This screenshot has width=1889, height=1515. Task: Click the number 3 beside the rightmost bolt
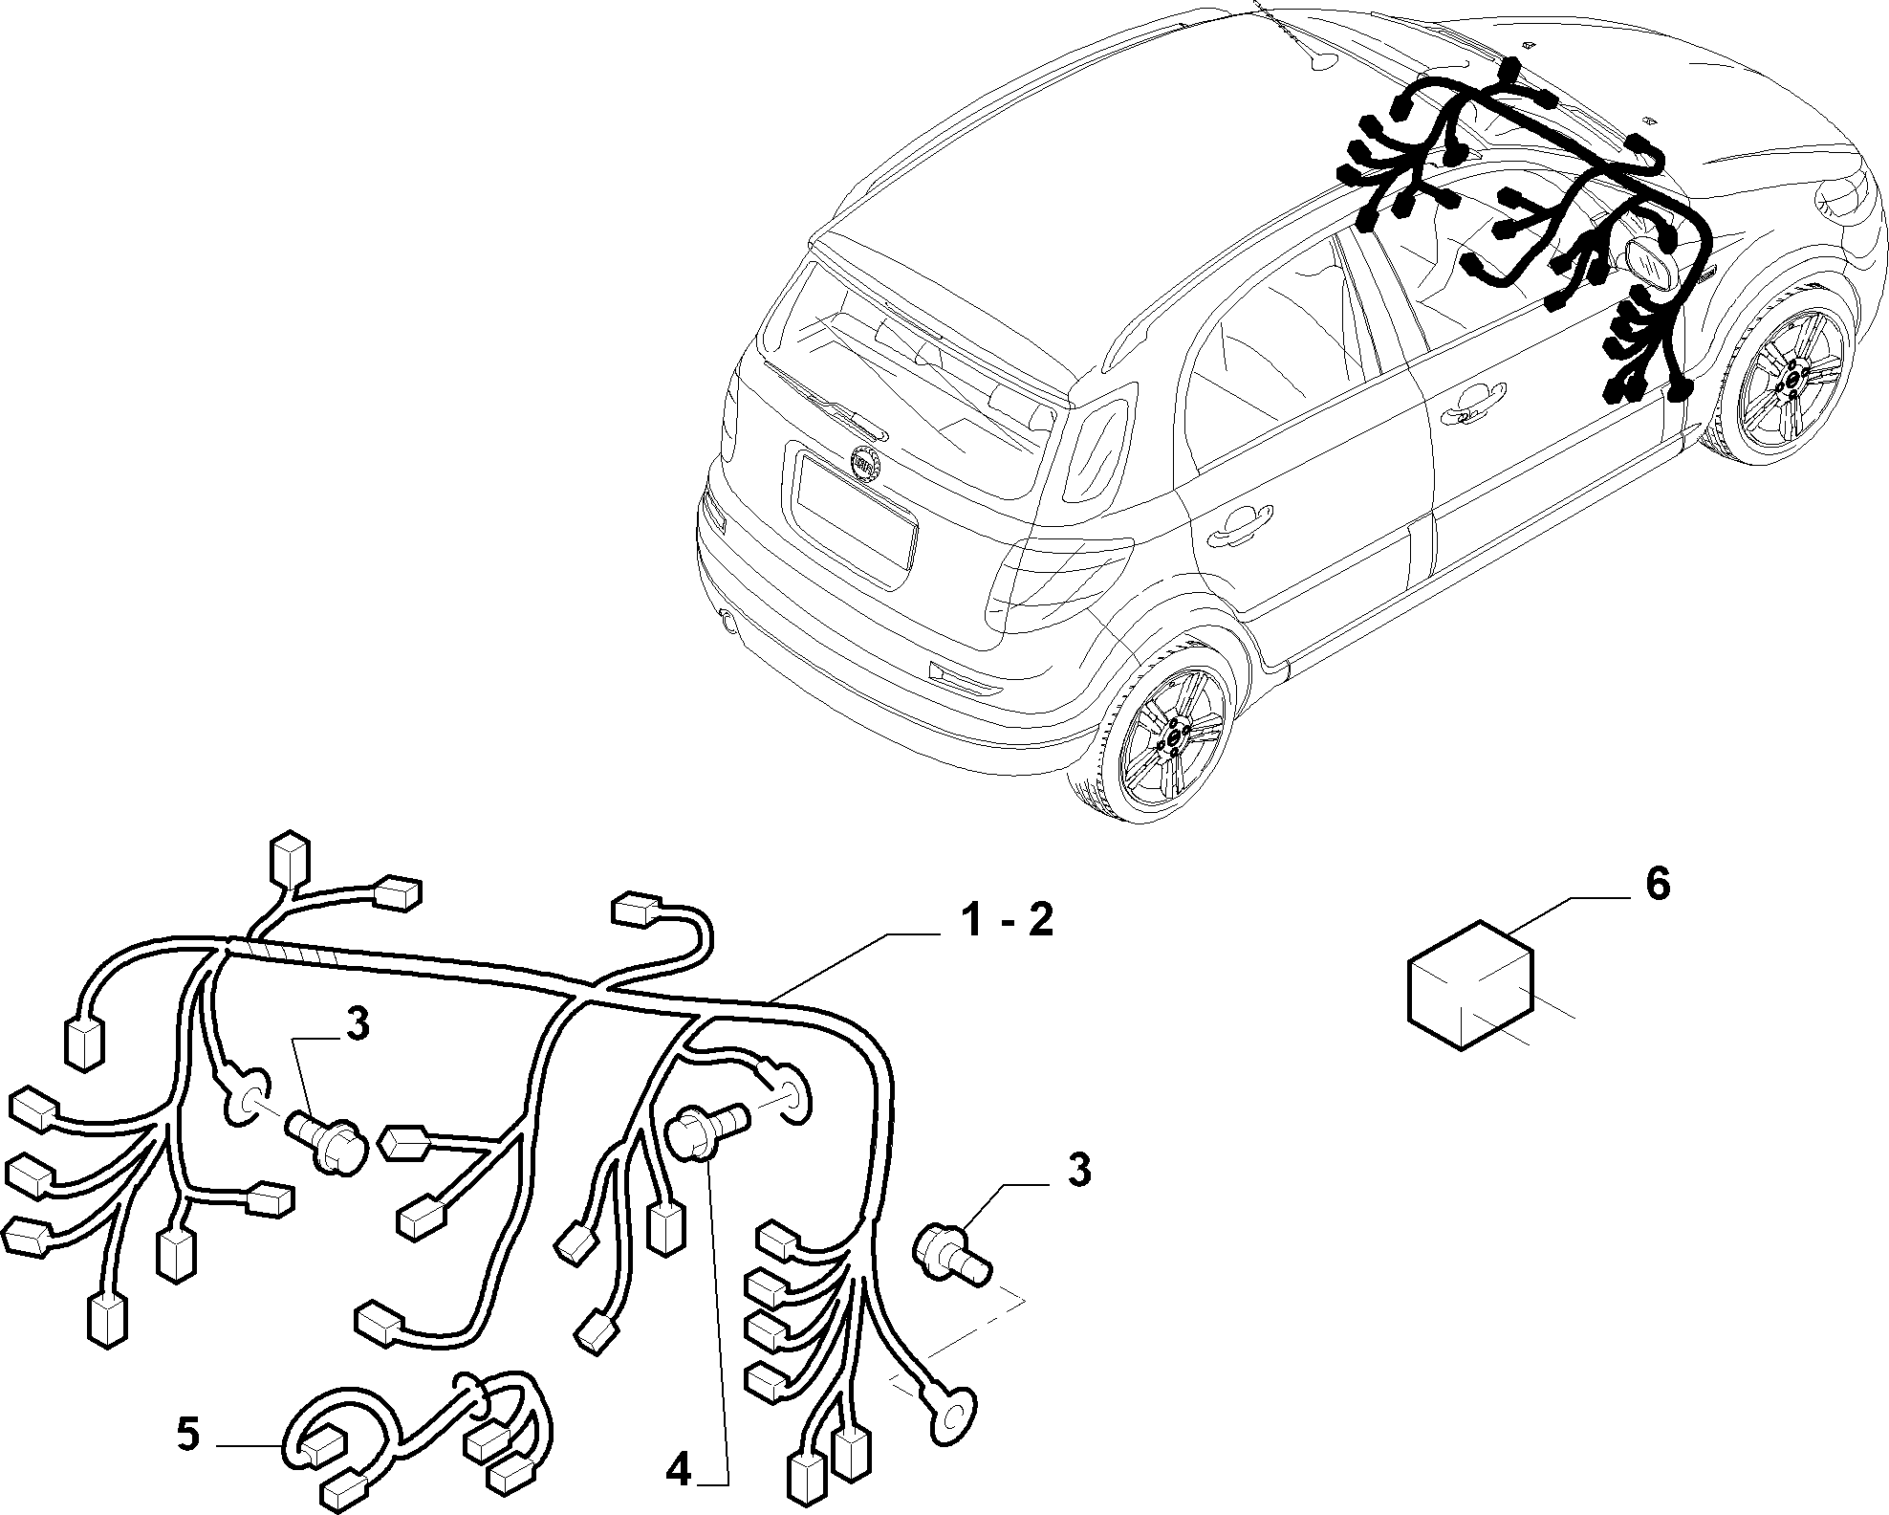pyautogui.click(x=1078, y=1170)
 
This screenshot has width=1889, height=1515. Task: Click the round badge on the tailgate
pyautogui.click(x=867, y=462)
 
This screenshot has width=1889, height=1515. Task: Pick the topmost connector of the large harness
pyautogui.click(x=291, y=861)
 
